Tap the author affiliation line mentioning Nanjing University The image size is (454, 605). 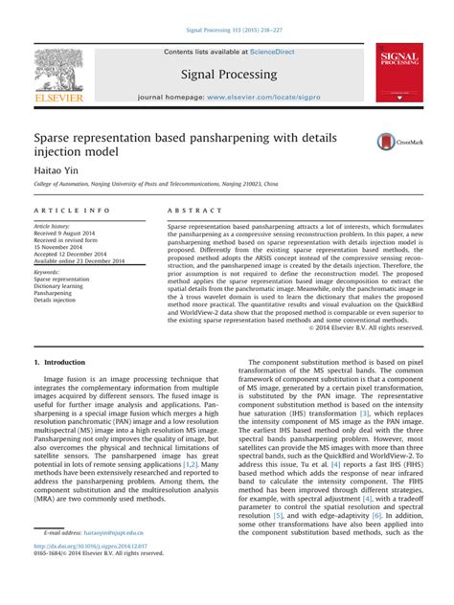coord(163,184)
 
